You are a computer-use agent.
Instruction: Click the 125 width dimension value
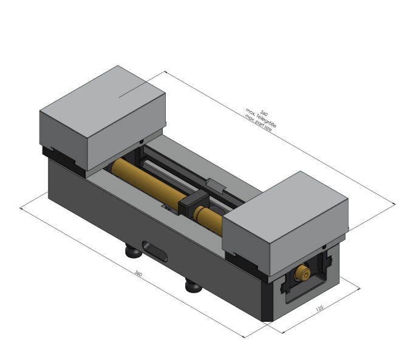tap(319, 309)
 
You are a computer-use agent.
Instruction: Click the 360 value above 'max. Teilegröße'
tap(264, 113)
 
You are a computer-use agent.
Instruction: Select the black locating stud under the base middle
tap(193, 284)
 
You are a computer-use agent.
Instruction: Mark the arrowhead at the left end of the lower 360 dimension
tap(22, 208)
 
